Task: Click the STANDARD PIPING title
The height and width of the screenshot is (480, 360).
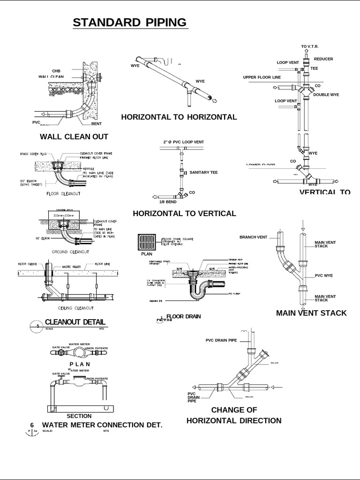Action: pos(129,22)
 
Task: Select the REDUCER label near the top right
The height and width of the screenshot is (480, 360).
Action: pos(323,59)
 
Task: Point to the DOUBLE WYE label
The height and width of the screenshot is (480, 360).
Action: pos(326,95)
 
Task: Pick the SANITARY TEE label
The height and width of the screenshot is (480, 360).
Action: pos(203,172)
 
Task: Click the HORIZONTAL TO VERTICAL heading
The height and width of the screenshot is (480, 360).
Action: pos(184,214)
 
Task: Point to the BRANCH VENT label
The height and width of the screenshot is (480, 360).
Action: pos(253,237)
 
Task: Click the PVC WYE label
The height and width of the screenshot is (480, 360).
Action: pos(323,276)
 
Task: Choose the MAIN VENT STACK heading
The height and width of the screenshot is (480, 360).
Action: pos(311,313)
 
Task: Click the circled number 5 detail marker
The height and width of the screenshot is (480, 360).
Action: pos(32,327)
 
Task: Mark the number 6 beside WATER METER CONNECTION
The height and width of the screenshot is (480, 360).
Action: pos(32,425)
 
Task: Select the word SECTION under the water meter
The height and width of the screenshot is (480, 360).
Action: pos(79,416)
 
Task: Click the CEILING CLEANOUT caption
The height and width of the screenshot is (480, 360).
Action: pos(75,308)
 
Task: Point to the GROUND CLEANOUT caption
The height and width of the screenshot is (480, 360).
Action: pos(70,252)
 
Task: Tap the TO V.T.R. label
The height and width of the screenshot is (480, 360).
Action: pos(310,46)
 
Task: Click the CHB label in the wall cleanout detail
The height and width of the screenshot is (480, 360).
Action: pos(56,70)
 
